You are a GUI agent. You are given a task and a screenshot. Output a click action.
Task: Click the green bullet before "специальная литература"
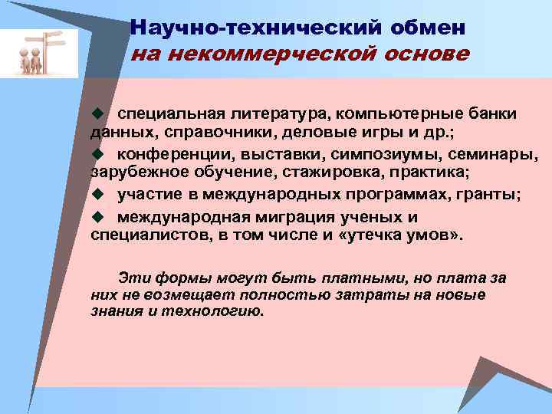[x=97, y=113]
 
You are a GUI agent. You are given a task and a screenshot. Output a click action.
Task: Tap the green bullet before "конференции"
[x=97, y=155]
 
